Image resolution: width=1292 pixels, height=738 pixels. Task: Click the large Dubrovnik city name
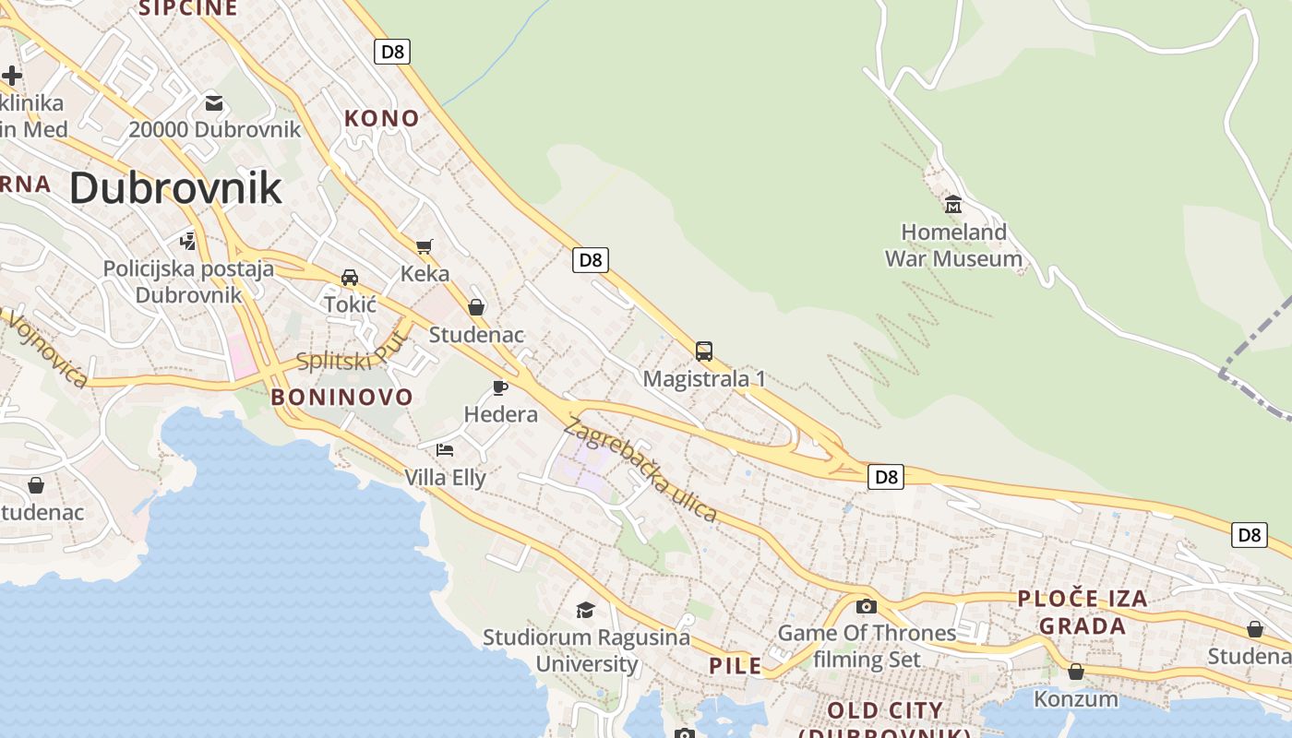point(175,188)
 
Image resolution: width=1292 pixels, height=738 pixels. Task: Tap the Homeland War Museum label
point(953,245)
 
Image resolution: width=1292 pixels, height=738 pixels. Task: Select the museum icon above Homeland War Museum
point(953,204)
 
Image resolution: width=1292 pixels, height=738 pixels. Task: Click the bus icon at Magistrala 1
point(704,351)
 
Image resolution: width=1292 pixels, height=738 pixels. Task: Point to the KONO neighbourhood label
point(382,118)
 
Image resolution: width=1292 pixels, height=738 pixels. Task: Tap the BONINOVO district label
point(341,398)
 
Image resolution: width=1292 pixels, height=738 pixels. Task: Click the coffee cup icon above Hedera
point(500,387)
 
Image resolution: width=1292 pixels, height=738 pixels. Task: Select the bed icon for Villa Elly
point(445,450)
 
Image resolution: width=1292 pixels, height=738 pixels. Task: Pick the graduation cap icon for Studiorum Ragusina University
point(585,610)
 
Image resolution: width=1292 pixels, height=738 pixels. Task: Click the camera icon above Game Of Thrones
point(866,606)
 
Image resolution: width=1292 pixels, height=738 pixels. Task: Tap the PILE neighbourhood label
point(736,665)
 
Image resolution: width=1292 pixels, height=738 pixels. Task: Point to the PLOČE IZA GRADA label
point(1083,612)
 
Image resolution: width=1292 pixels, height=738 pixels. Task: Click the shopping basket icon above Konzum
point(1075,672)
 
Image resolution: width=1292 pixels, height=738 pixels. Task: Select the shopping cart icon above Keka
point(425,246)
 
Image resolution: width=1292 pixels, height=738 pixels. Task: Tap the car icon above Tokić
point(350,278)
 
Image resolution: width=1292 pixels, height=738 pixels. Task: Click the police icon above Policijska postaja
point(188,242)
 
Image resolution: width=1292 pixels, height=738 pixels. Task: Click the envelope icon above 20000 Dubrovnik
point(214,102)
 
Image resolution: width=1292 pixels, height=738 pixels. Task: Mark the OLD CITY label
point(885,711)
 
